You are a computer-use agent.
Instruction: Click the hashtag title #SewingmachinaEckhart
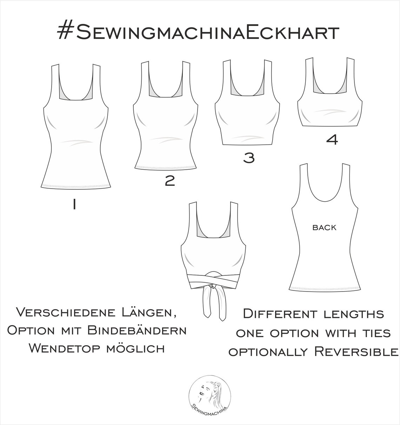[198, 33]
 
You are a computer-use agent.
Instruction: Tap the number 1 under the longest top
[74, 204]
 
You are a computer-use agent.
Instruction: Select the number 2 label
[170, 181]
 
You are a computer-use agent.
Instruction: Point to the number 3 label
[249, 158]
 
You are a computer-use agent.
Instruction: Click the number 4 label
[332, 140]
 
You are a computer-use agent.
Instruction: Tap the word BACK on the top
[324, 228]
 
